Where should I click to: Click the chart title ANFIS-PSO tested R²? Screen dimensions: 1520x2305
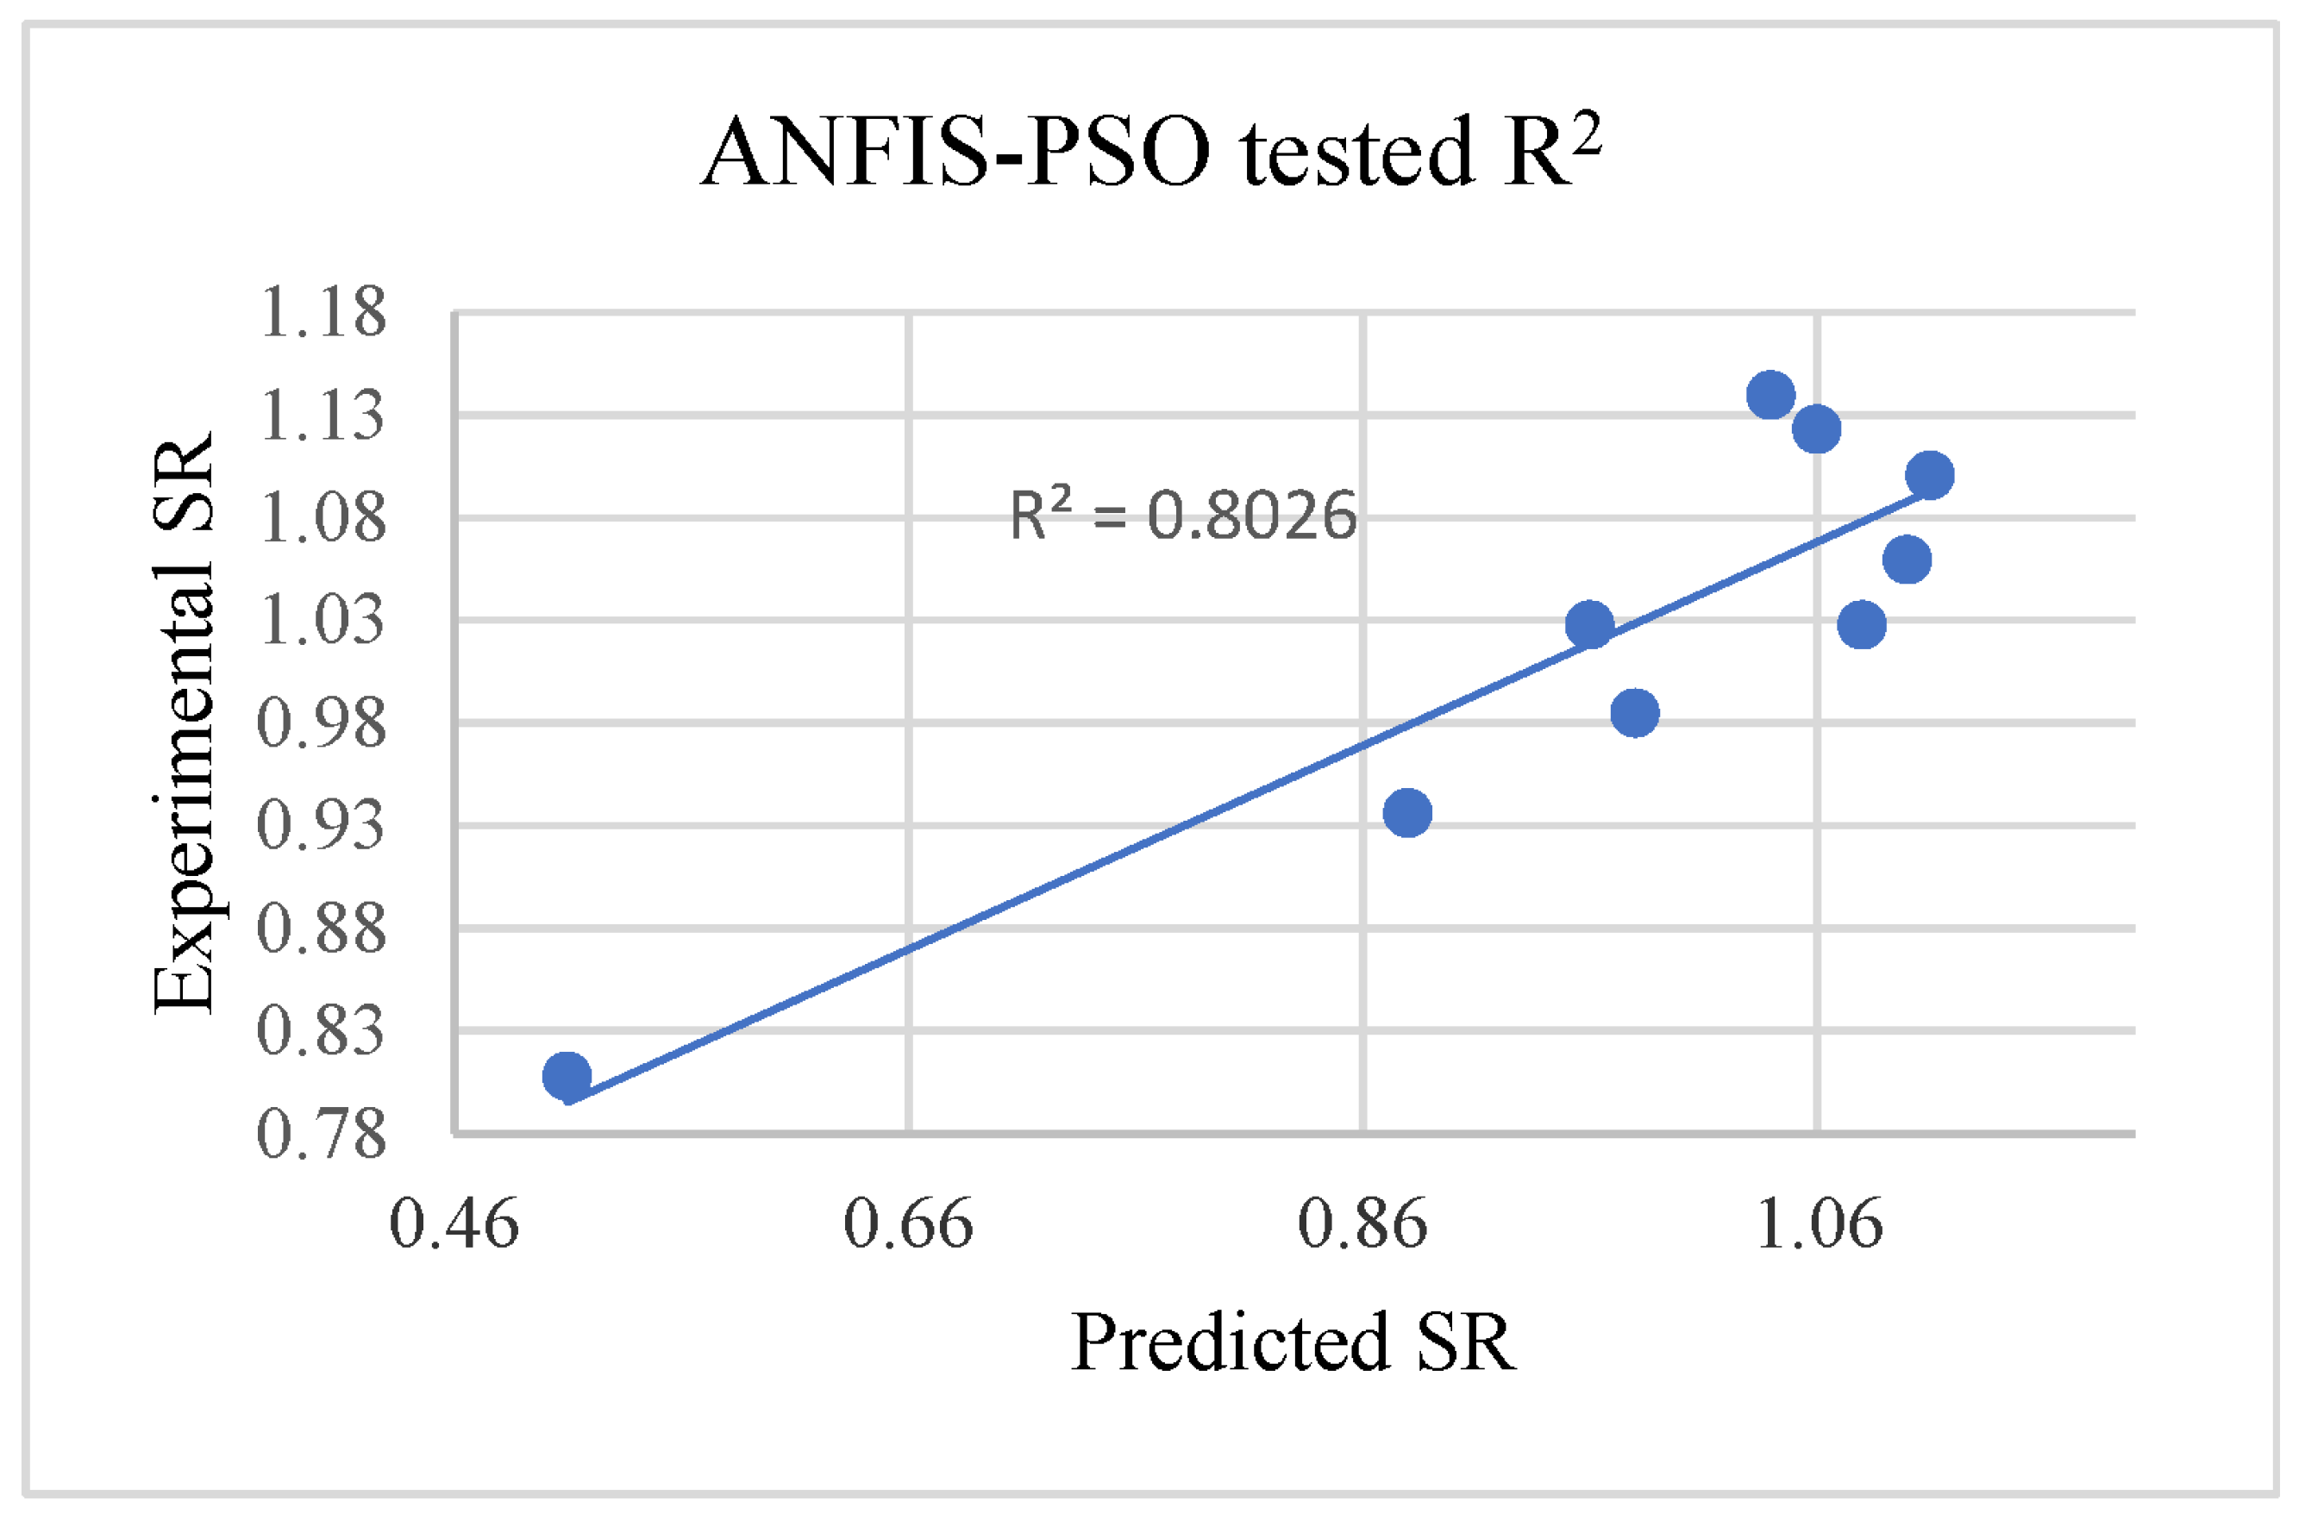[1150, 153]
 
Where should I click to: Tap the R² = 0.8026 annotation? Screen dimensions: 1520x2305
[1182, 515]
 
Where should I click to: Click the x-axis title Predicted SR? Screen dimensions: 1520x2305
[1293, 1342]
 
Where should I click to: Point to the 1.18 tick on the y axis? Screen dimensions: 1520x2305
[322, 313]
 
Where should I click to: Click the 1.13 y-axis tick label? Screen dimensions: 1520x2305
[322, 416]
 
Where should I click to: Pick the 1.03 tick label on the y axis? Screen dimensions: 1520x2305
[322, 621]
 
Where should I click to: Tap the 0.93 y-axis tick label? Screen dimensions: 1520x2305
[322, 826]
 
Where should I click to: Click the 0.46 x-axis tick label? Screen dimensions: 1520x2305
[454, 1223]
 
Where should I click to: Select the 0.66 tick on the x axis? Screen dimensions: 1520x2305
[908, 1223]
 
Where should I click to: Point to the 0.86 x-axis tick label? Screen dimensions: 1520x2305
[1362, 1223]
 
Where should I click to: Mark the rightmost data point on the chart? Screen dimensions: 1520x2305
[1929, 475]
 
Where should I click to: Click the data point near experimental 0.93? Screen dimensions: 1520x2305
[1407, 812]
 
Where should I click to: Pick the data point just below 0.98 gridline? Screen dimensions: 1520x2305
[1634, 712]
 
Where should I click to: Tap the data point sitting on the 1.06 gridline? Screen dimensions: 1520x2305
[1815, 429]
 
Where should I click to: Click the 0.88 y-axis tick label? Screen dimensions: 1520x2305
[322, 929]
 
